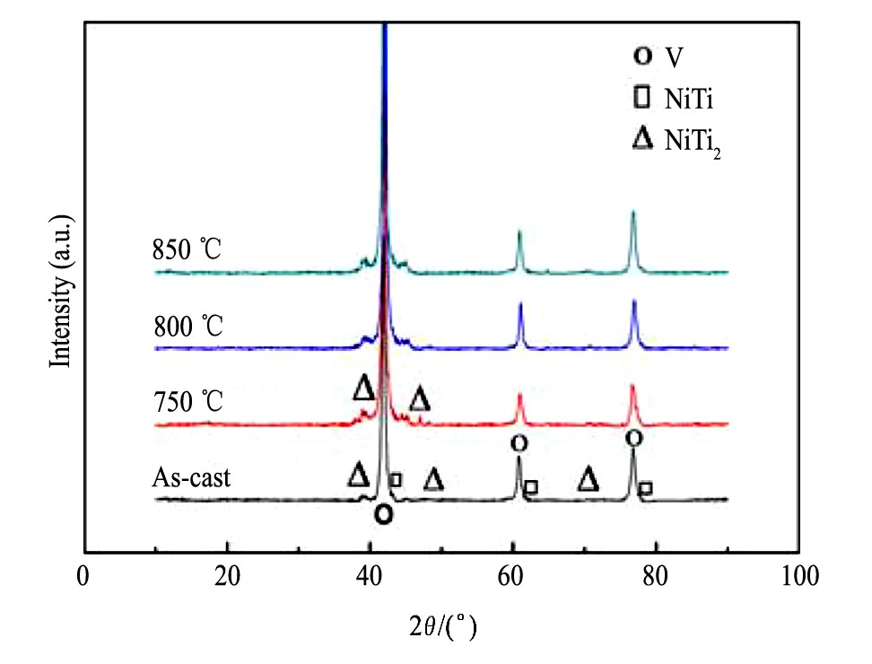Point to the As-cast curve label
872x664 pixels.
click(x=191, y=477)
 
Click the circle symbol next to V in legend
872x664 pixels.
click(x=642, y=56)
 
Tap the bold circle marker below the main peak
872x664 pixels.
click(x=384, y=514)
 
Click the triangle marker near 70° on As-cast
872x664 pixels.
click(x=589, y=479)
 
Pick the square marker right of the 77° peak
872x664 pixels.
click(x=645, y=488)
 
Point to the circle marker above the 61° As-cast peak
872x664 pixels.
click(x=519, y=442)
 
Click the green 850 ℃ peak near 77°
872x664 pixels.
click(x=633, y=215)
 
